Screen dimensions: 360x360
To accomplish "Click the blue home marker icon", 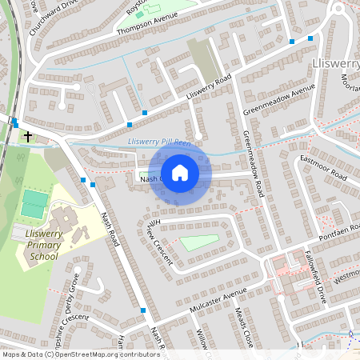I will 180,173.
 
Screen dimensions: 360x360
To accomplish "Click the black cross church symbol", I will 27,137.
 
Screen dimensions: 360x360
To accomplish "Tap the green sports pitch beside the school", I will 34,203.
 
